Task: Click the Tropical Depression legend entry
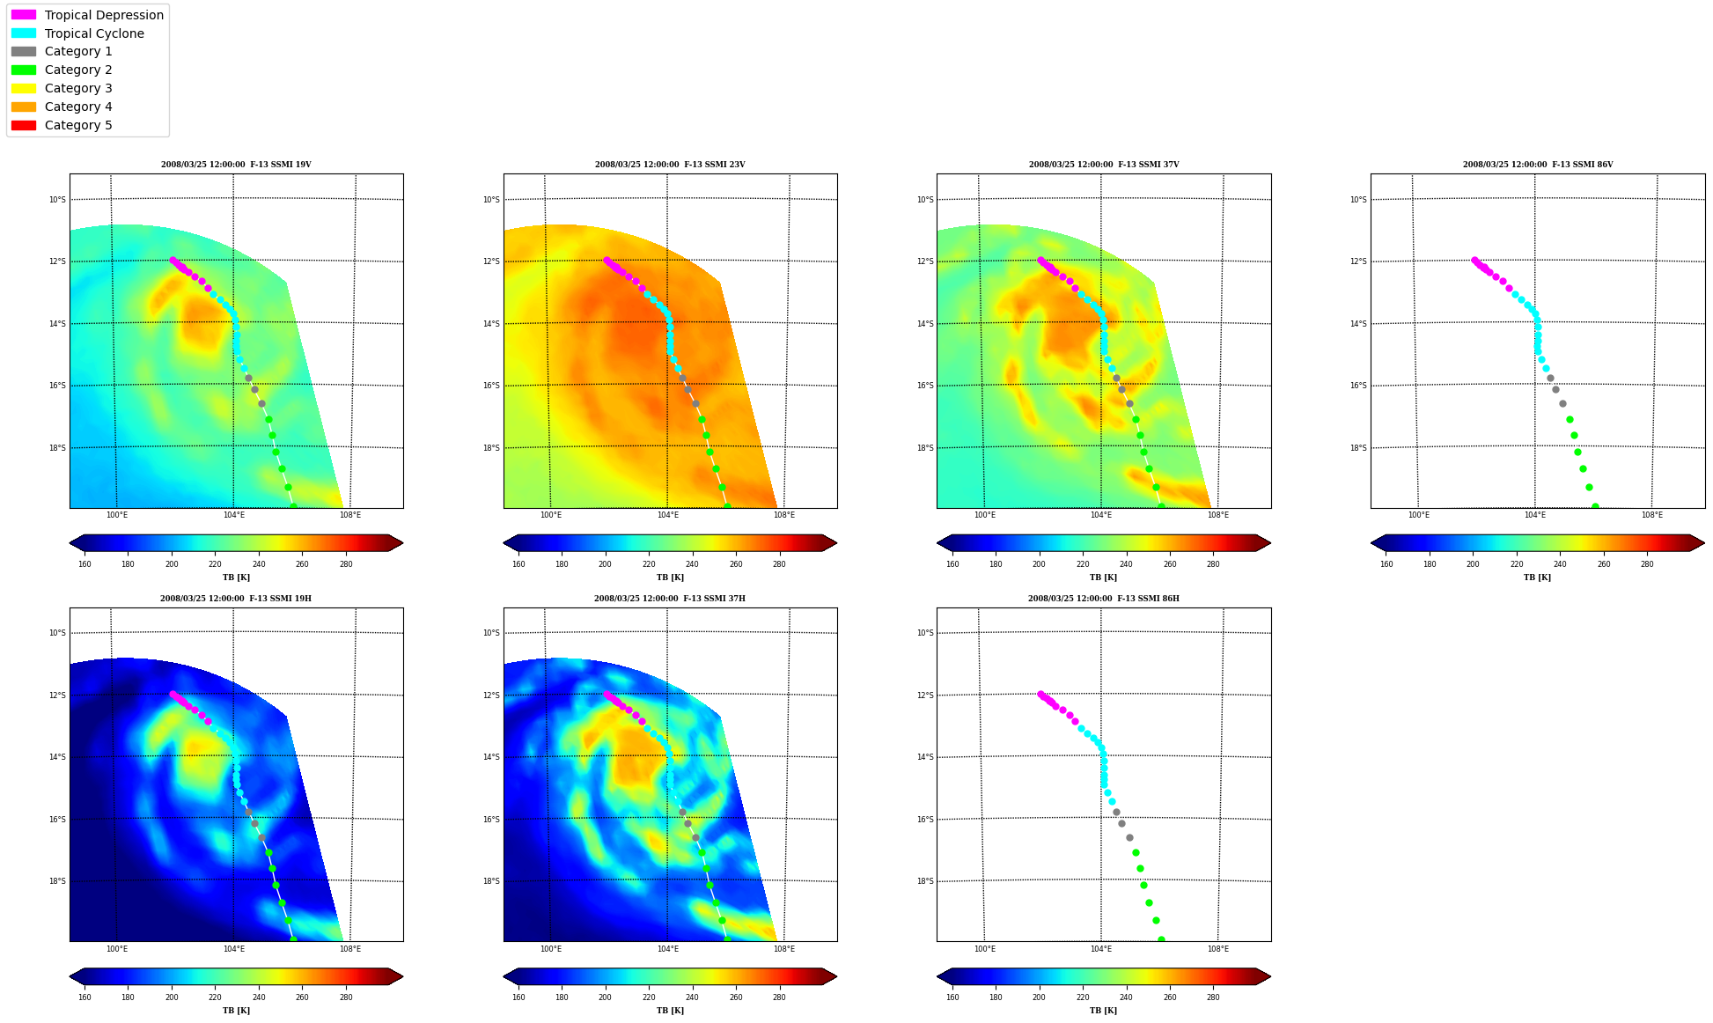coord(87,15)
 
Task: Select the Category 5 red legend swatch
coord(24,125)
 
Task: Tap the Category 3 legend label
coord(78,88)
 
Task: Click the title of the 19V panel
coord(236,165)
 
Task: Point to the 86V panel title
coord(1538,165)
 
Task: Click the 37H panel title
coord(670,599)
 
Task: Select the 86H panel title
coord(1104,599)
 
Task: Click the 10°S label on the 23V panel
coord(491,200)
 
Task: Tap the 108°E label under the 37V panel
coord(1218,515)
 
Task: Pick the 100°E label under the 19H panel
coord(117,949)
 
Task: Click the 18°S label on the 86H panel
coord(925,881)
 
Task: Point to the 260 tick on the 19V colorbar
coord(303,564)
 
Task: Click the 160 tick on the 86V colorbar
coord(1386,564)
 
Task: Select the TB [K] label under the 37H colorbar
coord(670,1011)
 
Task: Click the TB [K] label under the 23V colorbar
coord(670,578)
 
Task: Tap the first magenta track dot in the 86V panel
coord(1474,260)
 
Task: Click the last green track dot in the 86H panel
coord(1161,939)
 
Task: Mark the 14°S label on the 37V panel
coord(925,324)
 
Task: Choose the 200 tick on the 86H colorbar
coord(1039,997)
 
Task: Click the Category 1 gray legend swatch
coord(24,51)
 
